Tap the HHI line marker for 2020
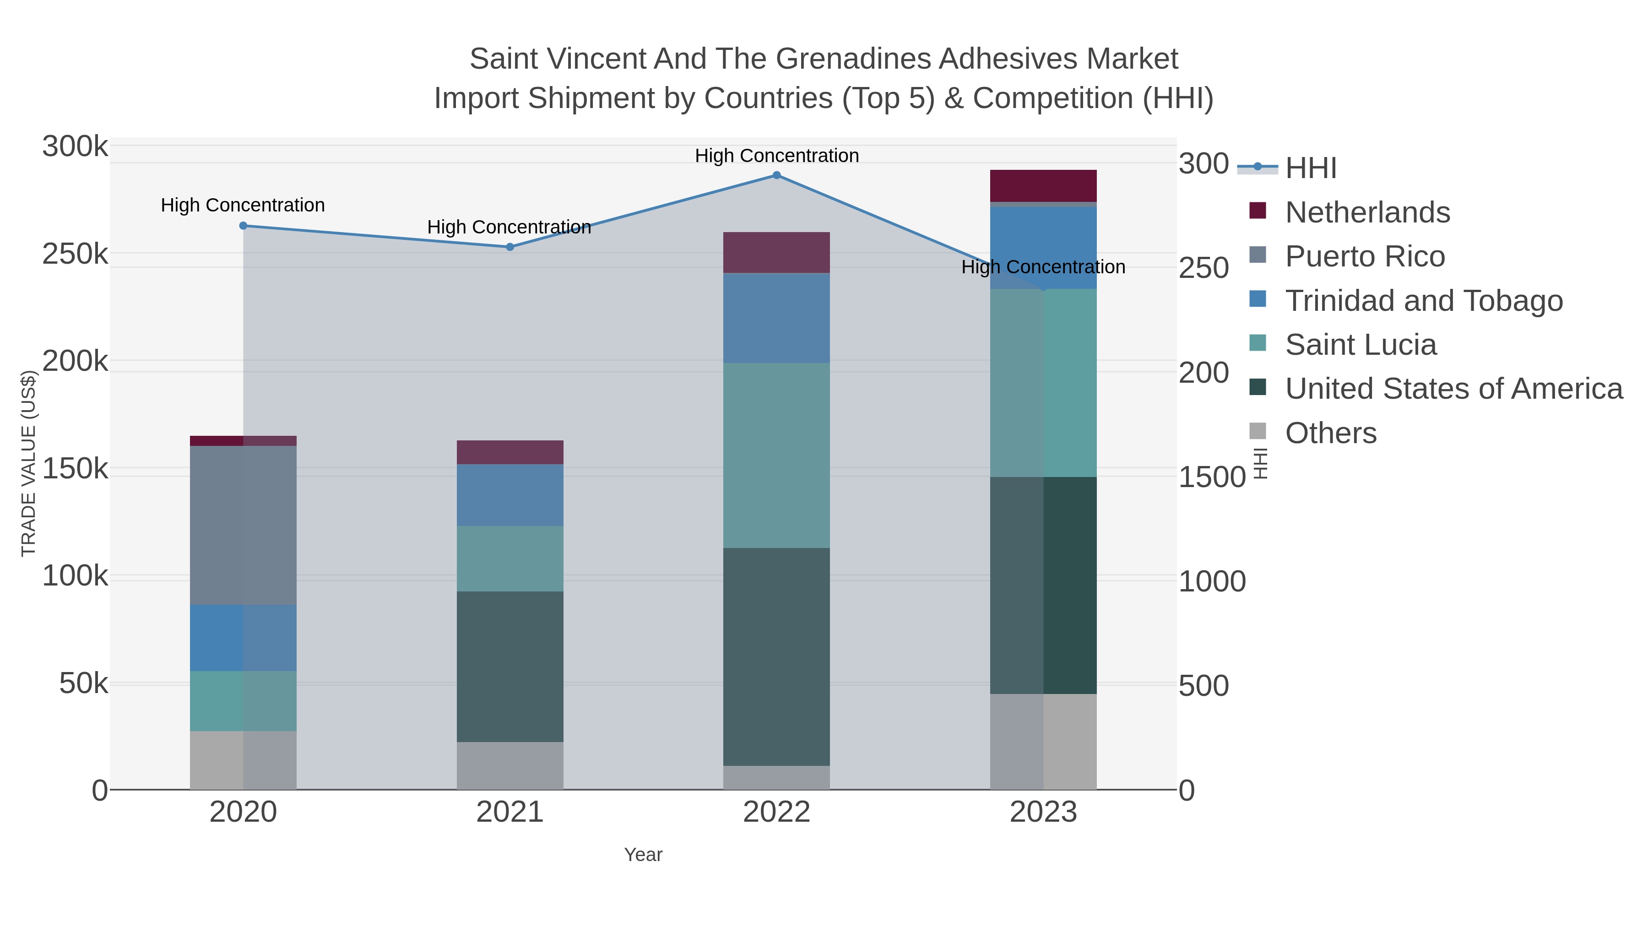point(243,226)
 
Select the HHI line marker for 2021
point(510,247)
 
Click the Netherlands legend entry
point(1367,212)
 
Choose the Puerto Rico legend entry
point(1365,256)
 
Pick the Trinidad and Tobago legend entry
point(1423,301)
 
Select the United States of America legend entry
point(1453,389)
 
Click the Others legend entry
point(1331,433)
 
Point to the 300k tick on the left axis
point(76,146)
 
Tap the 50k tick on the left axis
point(84,684)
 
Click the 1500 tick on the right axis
point(1212,477)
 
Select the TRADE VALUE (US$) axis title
point(29,463)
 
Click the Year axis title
point(643,855)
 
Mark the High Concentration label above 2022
point(777,156)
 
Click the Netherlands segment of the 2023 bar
point(1043,186)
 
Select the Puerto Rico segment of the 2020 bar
point(243,525)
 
